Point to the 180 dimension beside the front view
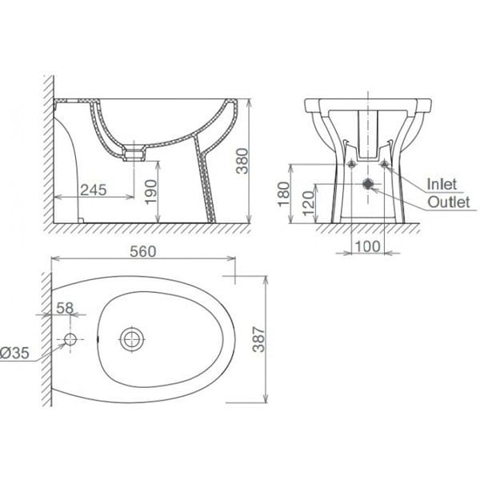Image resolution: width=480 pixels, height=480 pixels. [282, 194]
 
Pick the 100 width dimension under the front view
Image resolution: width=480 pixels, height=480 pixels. [368, 246]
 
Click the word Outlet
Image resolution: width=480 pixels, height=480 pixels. [448, 202]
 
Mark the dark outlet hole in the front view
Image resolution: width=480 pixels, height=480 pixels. [367, 183]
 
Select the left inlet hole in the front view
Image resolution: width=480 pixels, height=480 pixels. [350, 166]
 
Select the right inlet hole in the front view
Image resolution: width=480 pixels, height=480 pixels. [385, 166]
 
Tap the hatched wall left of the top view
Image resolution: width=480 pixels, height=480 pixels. [44, 336]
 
